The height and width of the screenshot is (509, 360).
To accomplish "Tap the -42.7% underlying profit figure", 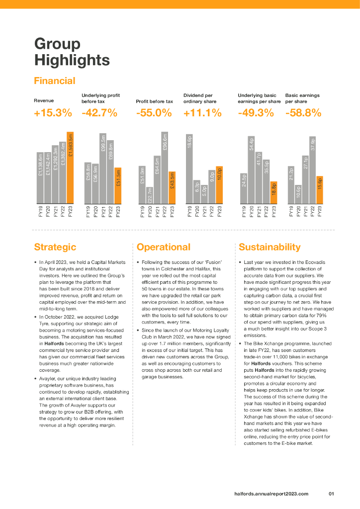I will (99, 113).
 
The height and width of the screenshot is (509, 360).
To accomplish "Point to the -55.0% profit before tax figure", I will (154, 113).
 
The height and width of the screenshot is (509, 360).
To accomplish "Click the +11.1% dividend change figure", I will (202, 113).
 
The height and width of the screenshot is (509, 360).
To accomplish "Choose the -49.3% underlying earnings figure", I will (256, 113).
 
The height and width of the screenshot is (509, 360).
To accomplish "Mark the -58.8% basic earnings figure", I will (303, 113).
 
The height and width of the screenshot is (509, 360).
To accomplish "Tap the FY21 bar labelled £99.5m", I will (103, 169).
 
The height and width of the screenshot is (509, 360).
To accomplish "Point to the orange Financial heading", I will (55, 81).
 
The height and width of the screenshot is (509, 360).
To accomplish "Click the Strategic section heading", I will (55, 247).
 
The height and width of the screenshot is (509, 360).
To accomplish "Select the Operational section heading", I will (164, 247).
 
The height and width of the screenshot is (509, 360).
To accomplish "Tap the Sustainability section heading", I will (270, 247).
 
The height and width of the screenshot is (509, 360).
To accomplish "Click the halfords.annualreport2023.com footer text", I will (271, 494).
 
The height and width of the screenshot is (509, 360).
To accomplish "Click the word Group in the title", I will (57, 44).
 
